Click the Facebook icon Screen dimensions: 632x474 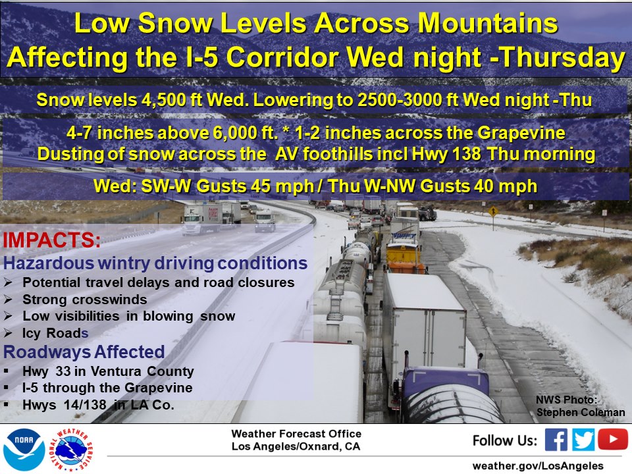(x=556, y=439)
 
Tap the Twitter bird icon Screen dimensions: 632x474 (x=583, y=439)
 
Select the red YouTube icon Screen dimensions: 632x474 (x=613, y=439)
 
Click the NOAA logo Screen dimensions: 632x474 (x=24, y=449)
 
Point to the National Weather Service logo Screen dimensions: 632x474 (x=71, y=450)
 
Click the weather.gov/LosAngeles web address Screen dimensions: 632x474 (x=538, y=466)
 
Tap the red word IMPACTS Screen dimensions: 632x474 (x=51, y=240)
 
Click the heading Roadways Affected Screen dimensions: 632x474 (x=84, y=352)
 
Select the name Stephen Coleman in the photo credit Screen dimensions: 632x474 (x=581, y=412)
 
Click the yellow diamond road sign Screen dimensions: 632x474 (x=493, y=211)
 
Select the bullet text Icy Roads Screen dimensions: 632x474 (x=55, y=333)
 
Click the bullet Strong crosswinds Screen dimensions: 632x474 (x=85, y=300)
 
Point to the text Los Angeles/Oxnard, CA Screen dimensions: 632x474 (x=296, y=446)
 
